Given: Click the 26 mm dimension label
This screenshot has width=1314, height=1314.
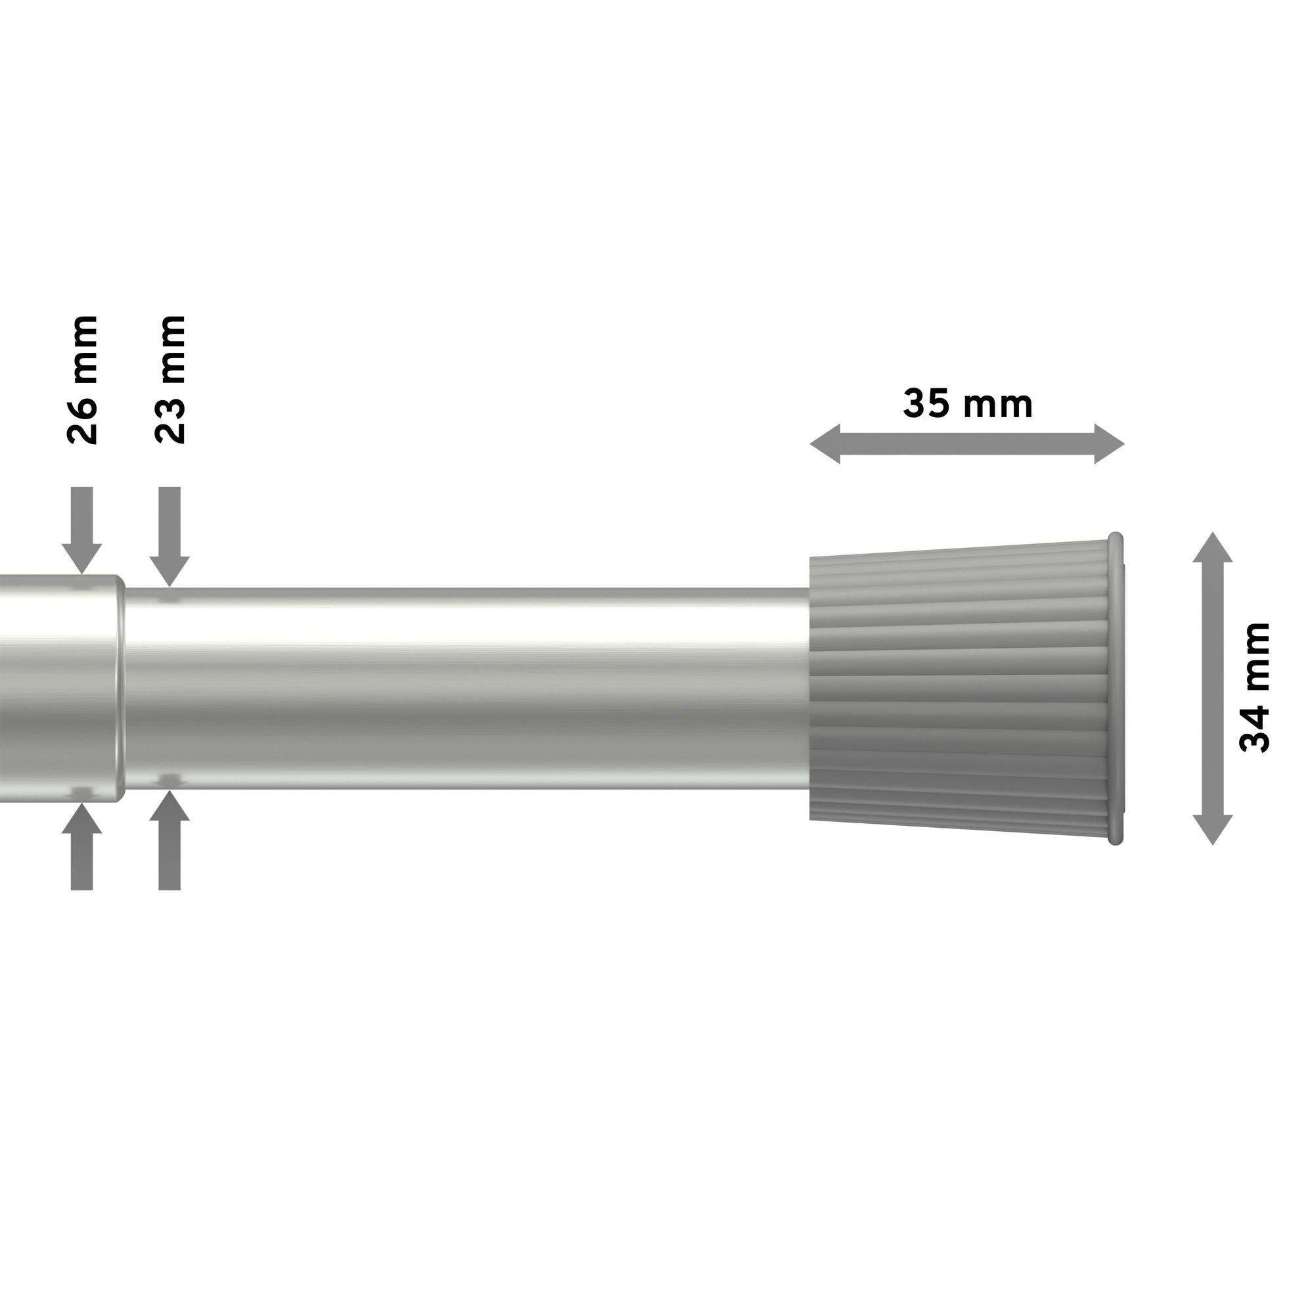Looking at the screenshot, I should click(83, 379).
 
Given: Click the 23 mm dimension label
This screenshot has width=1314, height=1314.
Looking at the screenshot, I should click(170, 379).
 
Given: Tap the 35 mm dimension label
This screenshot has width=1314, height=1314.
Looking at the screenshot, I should click(967, 404).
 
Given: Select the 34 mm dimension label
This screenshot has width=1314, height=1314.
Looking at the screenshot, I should click(1255, 688).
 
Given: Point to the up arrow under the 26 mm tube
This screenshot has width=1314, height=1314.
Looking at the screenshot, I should click(81, 846).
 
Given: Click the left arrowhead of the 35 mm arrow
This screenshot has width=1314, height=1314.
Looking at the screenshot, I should click(825, 444).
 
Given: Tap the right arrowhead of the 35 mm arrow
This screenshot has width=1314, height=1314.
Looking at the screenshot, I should click(1109, 444).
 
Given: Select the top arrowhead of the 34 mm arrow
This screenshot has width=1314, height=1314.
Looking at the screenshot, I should click(1212, 548).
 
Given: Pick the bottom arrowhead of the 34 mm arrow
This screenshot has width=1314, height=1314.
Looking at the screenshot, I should click(1212, 829).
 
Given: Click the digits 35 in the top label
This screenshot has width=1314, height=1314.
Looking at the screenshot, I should click(926, 404).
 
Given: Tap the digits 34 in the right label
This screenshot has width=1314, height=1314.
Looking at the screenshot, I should click(1255, 727).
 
